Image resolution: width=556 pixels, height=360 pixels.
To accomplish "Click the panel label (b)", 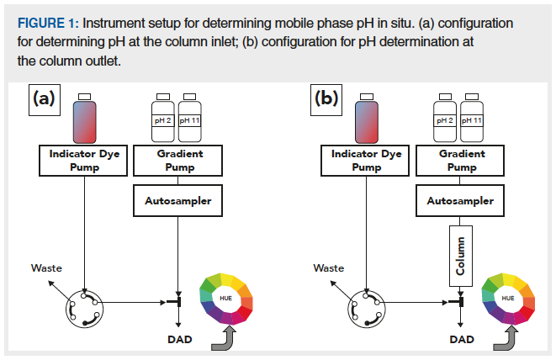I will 328,98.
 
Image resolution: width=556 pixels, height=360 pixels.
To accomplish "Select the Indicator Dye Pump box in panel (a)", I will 85,161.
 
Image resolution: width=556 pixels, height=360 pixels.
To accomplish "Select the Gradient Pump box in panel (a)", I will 179,161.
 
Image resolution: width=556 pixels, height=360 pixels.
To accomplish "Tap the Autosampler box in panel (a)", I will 179,202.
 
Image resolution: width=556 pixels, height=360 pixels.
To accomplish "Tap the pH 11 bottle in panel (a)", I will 190,117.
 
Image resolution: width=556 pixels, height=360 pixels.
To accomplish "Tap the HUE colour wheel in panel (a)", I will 225,298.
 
